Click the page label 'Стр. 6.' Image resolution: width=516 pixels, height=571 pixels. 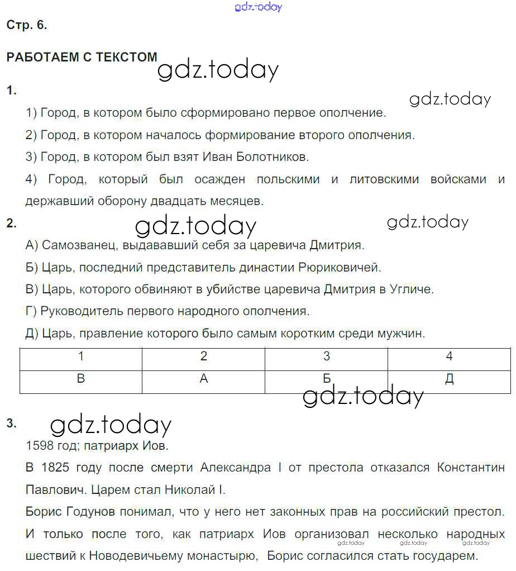26,25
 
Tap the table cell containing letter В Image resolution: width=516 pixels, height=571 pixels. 81,379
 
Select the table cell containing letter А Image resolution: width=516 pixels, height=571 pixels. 204,379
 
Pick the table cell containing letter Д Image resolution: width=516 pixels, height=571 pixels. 449,379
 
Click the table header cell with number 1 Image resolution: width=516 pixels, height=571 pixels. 81,356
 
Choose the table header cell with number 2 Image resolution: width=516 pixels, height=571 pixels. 204,356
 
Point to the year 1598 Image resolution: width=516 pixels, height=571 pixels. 40,446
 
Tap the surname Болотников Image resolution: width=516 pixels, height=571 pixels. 270,157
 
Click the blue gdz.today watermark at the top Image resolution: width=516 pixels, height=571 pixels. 259,7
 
